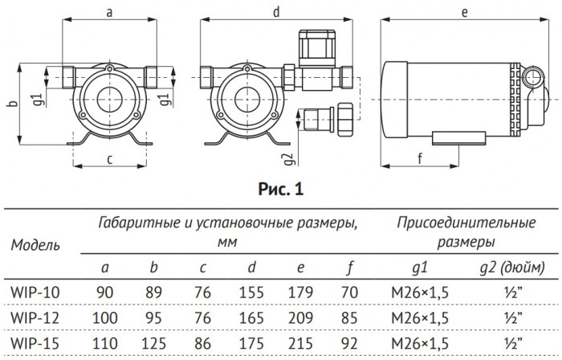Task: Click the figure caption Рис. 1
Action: click(280, 190)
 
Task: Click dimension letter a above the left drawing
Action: click(109, 12)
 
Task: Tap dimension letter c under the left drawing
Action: click(109, 158)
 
